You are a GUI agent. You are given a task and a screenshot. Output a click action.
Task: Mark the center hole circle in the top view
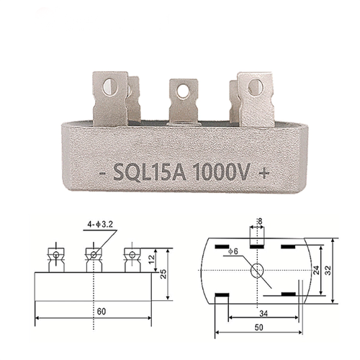[258, 271]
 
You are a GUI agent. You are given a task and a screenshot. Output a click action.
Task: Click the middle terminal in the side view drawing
[93, 256]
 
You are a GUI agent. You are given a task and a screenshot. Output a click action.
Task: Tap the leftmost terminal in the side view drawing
[54, 256]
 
